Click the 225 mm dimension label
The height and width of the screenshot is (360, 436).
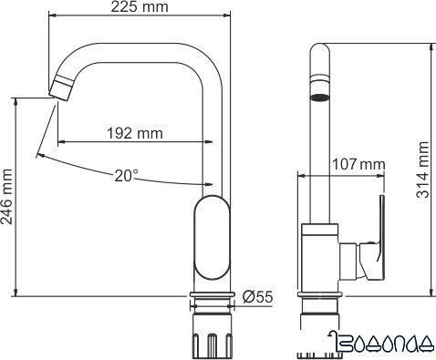(x=139, y=9)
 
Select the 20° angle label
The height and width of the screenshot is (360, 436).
(x=127, y=176)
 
